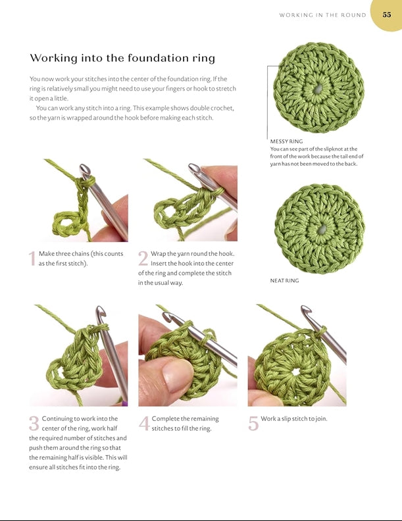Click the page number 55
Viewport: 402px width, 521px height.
pyautogui.click(x=387, y=14)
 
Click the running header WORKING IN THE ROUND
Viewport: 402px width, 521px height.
pyautogui.click(x=322, y=15)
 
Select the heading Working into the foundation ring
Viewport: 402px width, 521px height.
pyautogui.click(x=122, y=58)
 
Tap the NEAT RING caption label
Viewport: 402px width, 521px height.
pyautogui.click(x=284, y=280)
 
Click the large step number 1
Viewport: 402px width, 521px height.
pyautogui.click(x=32, y=259)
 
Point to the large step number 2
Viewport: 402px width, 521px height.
pyautogui.click(x=143, y=259)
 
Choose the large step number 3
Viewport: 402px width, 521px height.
pyautogui.click(x=34, y=424)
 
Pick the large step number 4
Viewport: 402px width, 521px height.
pyautogui.click(x=144, y=424)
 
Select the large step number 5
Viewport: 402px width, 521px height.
pyautogui.click(x=253, y=424)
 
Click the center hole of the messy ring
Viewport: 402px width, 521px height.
pyautogui.click(x=318, y=89)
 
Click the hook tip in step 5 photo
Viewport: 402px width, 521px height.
pyautogui.click(x=305, y=310)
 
